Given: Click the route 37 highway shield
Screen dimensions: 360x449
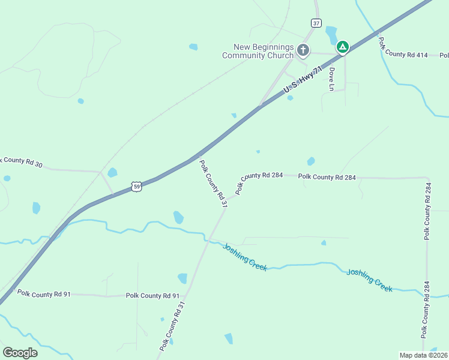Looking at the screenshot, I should tap(316, 23).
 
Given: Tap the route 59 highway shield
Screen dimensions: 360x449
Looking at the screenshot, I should tap(137, 187).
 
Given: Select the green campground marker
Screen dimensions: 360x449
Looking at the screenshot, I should tap(342, 47).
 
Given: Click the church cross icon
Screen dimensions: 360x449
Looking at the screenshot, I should tap(303, 50).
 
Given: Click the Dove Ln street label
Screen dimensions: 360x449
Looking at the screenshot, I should tap(331, 79).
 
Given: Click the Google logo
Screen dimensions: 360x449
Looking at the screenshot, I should tap(20, 353).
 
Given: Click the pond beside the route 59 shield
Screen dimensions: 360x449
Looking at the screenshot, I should tap(112, 173).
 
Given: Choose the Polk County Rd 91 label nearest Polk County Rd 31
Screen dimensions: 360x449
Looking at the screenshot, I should tap(152, 296).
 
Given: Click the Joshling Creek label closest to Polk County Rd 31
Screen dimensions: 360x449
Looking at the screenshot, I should tap(244, 257).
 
